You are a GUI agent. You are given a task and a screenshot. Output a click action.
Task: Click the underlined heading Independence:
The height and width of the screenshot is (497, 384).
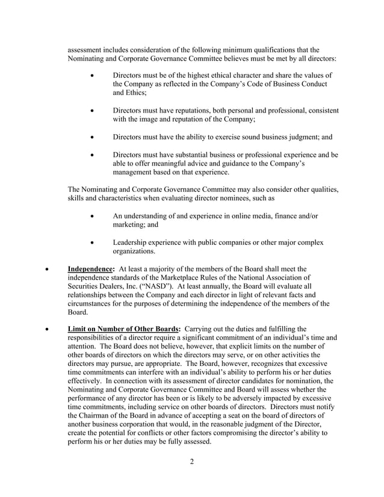tap(91, 269)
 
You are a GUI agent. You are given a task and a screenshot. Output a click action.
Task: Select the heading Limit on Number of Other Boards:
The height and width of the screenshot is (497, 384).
tap(123, 329)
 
